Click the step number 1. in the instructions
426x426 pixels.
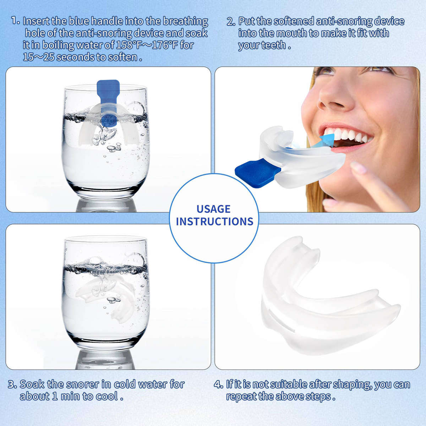tap(15, 21)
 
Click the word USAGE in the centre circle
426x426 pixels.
tap(213, 209)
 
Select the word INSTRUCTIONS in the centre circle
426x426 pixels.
tap(214, 222)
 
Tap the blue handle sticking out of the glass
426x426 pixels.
tap(107, 91)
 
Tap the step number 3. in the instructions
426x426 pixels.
tap(12, 384)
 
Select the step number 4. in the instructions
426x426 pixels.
tap(218, 384)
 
